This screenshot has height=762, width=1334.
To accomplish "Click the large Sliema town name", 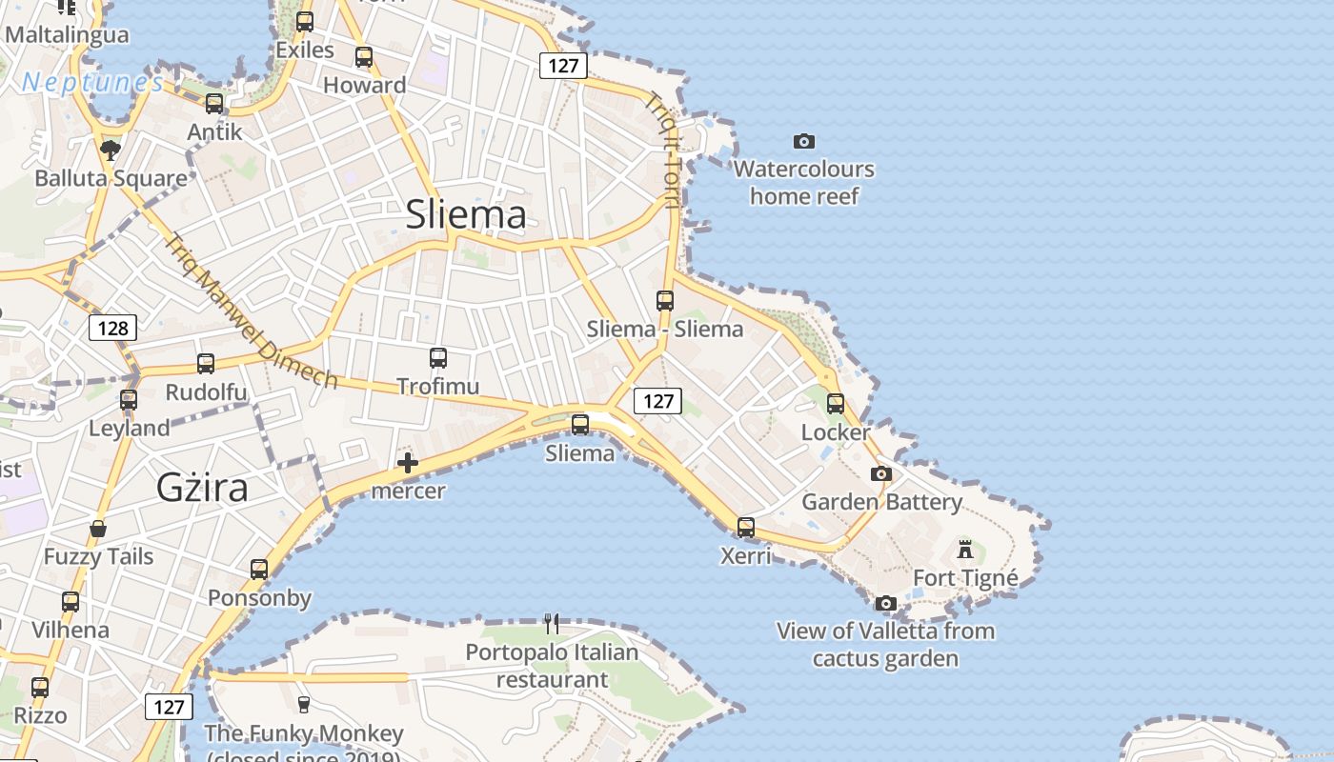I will [x=466, y=214].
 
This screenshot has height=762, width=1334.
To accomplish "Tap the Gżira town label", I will [x=202, y=488].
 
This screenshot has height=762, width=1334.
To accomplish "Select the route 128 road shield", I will [x=112, y=329].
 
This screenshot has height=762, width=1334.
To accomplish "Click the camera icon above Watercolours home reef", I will [x=804, y=142].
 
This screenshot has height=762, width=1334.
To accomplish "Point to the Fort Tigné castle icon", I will [x=965, y=550].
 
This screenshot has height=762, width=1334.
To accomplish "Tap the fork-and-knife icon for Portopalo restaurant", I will [x=552, y=624].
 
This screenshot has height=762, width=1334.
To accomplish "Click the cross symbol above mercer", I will [x=408, y=464].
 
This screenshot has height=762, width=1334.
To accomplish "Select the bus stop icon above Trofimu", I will [x=438, y=358].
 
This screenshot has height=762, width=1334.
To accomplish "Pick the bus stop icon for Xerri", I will [x=746, y=527].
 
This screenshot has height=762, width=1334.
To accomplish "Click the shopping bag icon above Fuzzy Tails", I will [x=98, y=529].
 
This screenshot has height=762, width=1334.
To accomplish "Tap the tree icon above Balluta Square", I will [x=111, y=150].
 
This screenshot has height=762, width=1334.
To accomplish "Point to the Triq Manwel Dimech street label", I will [x=251, y=311].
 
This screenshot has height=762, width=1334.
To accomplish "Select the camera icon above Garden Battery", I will [x=881, y=473].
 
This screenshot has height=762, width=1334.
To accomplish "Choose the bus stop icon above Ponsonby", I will [x=259, y=570].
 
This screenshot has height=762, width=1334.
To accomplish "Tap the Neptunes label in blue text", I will [x=92, y=83].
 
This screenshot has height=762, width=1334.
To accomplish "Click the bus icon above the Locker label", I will [x=836, y=404].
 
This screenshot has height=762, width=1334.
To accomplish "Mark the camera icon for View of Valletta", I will [x=886, y=603].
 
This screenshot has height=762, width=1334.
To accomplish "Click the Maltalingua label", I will [x=67, y=35].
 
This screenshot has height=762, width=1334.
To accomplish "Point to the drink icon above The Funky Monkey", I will [x=304, y=705].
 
